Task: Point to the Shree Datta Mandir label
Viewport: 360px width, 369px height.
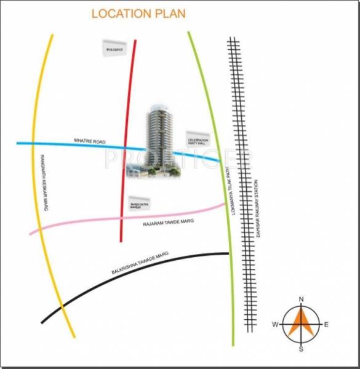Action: (x=139, y=205)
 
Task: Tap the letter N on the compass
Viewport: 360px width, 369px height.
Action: (x=301, y=299)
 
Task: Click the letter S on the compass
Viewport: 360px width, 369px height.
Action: (x=301, y=349)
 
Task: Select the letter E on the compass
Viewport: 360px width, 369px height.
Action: (x=326, y=324)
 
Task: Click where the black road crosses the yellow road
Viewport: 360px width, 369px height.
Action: (x=62, y=306)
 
